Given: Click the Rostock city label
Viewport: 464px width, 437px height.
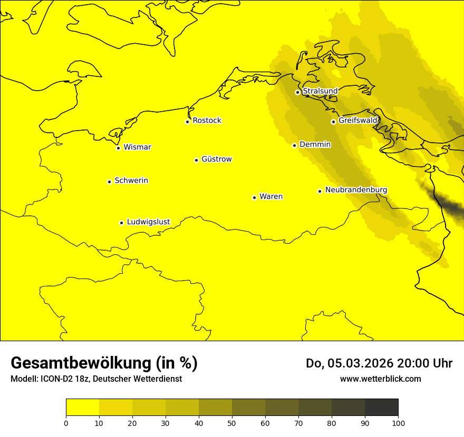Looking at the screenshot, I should coord(207,121).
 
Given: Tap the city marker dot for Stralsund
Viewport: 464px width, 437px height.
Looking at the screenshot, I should coord(297,92).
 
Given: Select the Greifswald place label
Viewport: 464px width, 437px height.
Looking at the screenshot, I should coord(358,121).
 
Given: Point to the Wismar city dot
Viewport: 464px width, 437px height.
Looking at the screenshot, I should coord(119,148).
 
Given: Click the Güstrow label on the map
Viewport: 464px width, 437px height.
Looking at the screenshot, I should coord(216,159).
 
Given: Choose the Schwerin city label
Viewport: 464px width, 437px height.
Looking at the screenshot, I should coord(131,181).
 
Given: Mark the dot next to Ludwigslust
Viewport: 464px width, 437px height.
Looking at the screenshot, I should coord(121,223).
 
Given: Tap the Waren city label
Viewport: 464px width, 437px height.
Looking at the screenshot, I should coord(271,196).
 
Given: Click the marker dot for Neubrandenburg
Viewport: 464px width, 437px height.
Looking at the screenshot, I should coord(320,191).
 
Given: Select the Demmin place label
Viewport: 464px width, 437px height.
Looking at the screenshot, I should coord(315,144).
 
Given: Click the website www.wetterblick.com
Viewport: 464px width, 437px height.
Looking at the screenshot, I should coord(380,379).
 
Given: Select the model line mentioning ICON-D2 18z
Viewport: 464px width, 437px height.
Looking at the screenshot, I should coord(96,379).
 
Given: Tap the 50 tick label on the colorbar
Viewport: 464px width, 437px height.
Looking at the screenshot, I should coord(232,423).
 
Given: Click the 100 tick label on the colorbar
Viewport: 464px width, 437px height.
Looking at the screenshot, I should coord(398,423).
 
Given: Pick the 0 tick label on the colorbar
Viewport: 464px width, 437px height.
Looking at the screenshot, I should coord(66,423).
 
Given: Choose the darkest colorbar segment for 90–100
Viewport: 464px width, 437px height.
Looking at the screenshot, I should coord(381,408).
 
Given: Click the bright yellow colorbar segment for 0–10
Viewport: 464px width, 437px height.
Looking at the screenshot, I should coord(82,408).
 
